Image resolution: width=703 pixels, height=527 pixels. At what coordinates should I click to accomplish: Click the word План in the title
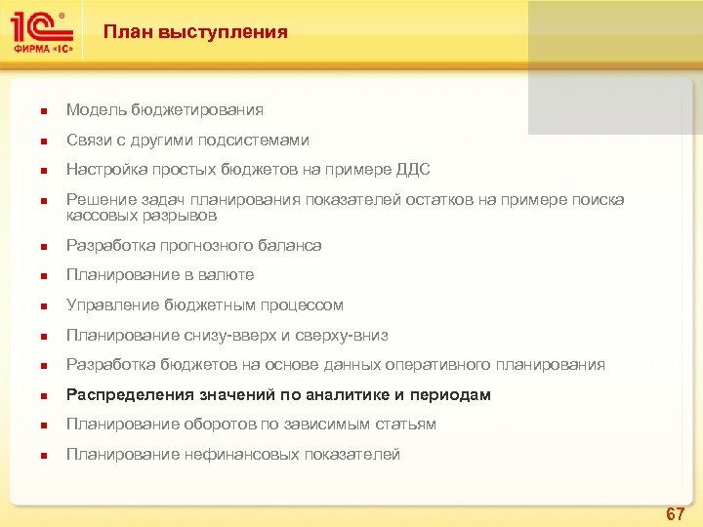(126, 32)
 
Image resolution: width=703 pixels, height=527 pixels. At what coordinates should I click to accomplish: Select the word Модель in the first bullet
(96, 110)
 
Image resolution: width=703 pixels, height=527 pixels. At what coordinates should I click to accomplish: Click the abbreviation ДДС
(411, 170)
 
